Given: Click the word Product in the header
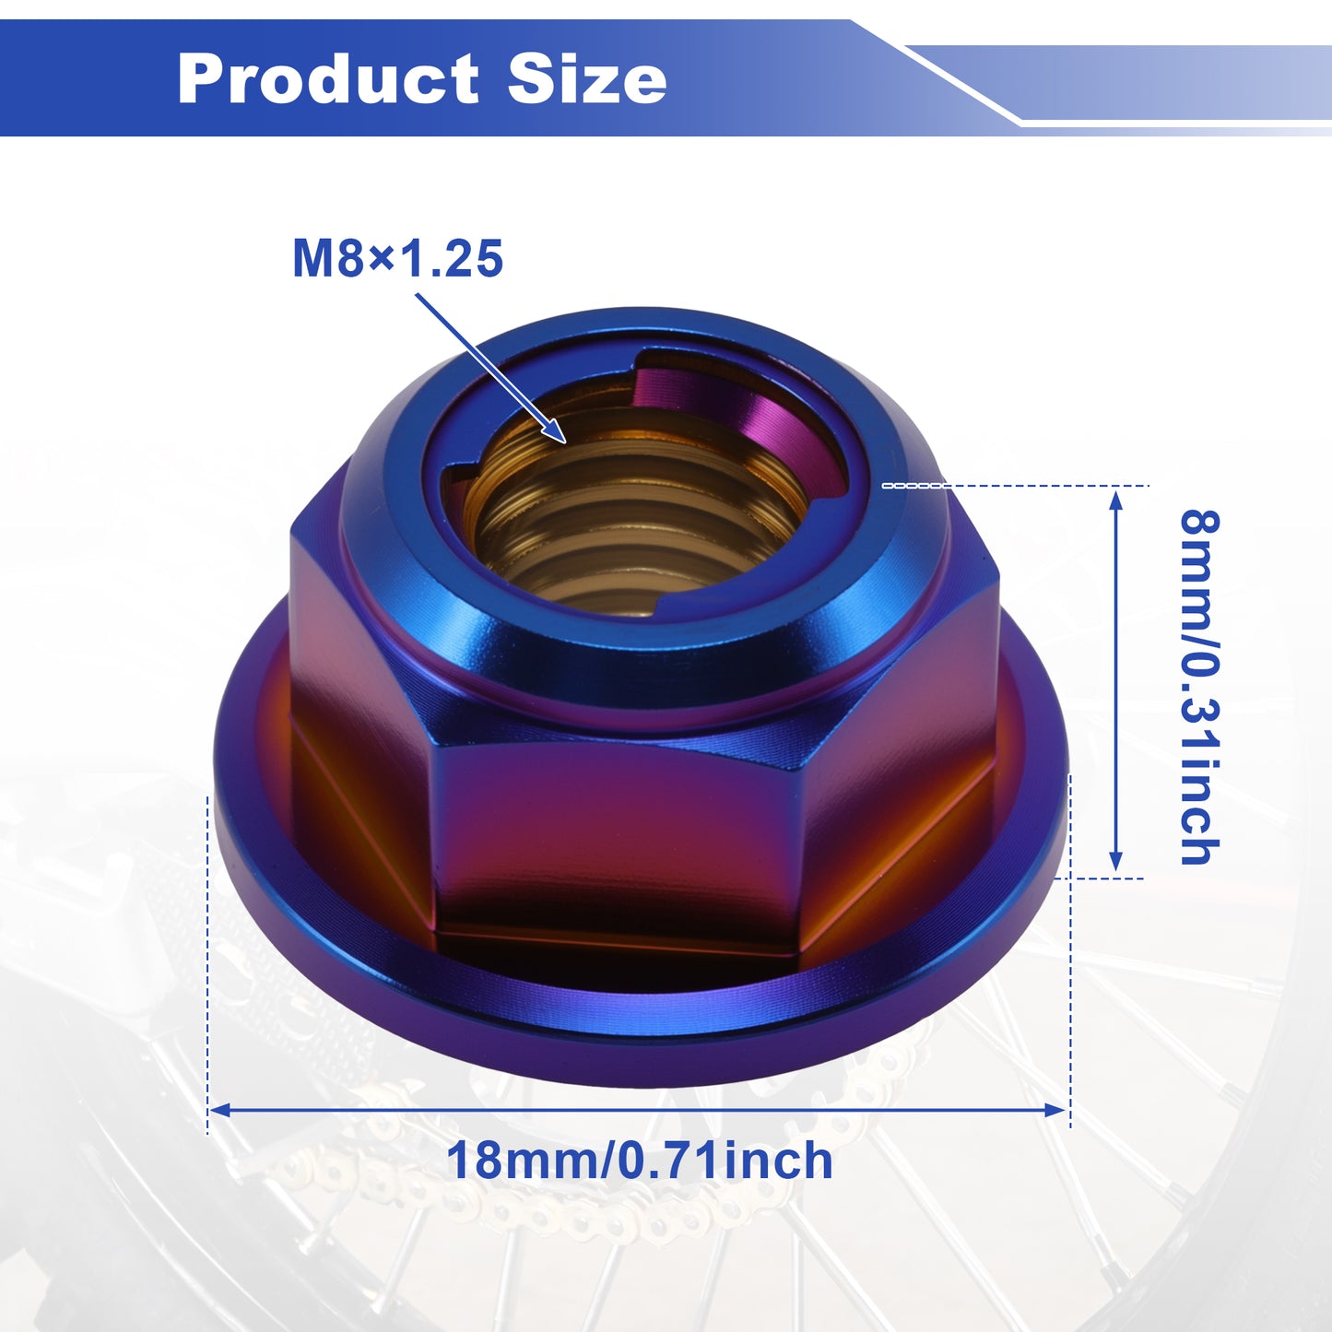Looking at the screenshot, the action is [327, 78].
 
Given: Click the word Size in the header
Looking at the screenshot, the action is [587, 78].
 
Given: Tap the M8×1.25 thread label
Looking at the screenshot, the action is [397, 258].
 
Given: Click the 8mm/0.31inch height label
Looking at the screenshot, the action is [1199, 687].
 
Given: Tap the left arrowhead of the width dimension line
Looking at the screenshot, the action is [219, 1110].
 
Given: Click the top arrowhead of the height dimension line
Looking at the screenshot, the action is [1115, 499].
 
